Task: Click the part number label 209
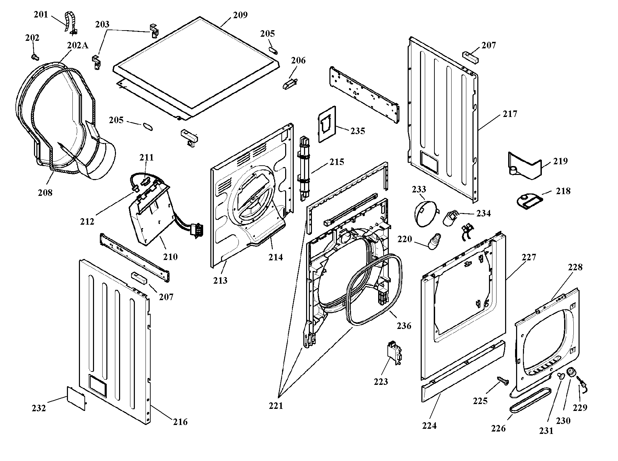pos(240,15)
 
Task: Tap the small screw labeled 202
pos(34,57)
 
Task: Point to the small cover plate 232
pos(76,398)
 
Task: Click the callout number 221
pos(276,406)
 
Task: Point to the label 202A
pos(78,45)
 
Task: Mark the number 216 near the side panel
pos(180,422)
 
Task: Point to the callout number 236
pos(404,326)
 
